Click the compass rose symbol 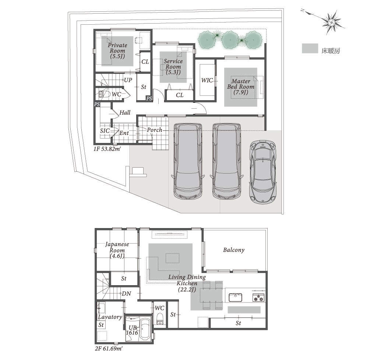pos(331,22)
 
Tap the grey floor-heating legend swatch pos(310,48)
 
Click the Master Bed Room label pos(241,87)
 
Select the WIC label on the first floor pos(207,80)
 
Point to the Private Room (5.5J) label pos(117,51)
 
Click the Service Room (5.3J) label pos(173,67)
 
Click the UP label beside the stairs pos(128,80)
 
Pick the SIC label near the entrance pos(105,131)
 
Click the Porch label pos(154,130)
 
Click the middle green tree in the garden pos(230,39)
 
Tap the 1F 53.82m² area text pos(107,149)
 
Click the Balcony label pos(234,250)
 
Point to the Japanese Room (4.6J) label pos(117,250)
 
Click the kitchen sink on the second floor pos(235,297)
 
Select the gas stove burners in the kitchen pos(258,298)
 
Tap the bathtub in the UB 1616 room pos(145,329)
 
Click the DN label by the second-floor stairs pos(127,294)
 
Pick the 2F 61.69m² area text pos(109,348)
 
